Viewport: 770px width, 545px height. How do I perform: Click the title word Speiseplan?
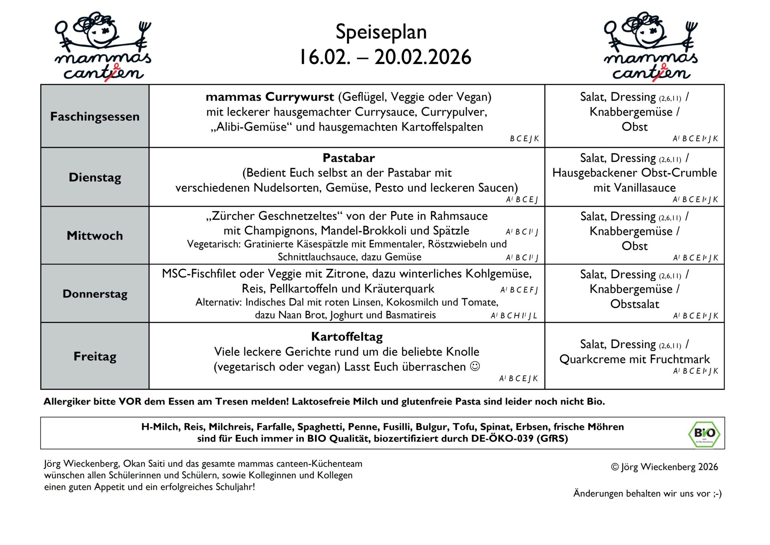point(381,32)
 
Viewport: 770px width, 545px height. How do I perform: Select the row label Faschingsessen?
point(95,117)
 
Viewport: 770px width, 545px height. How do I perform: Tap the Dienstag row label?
point(95,177)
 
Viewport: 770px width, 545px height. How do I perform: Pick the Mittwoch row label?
point(95,236)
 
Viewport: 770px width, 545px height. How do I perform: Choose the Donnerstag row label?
point(95,294)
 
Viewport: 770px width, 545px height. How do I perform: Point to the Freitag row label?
point(95,356)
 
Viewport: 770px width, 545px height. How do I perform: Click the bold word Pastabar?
point(349,158)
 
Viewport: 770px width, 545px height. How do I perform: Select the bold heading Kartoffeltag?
point(347,336)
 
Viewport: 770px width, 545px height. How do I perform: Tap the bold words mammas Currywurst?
point(270,97)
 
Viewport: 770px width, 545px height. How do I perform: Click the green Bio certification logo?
point(704,434)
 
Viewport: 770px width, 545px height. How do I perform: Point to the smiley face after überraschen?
point(475,366)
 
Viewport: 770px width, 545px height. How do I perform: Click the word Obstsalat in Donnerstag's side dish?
point(635,304)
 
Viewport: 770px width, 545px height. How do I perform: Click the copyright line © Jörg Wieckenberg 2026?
point(664,467)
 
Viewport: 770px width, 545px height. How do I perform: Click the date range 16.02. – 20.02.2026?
point(385,57)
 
